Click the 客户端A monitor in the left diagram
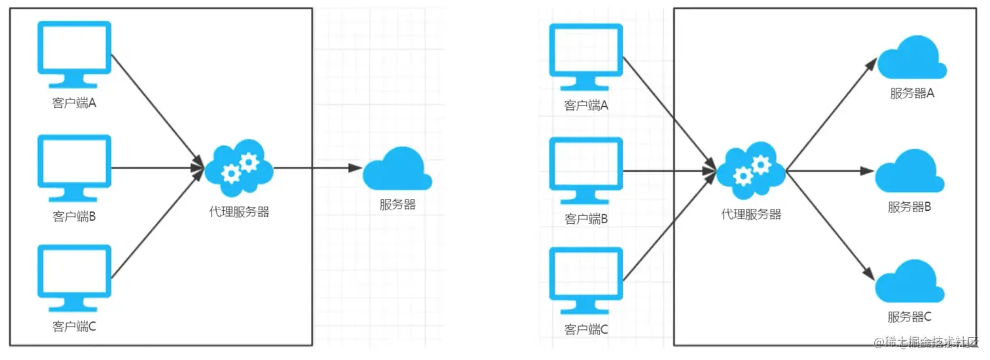click(x=74, y=53)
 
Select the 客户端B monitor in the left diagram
click(x=74, y=166)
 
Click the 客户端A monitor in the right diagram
click(x=585, y=56)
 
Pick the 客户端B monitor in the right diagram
click(x=585, y=169)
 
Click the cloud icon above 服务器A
click(x=911, y=58)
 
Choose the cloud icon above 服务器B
click(x=910, y=171)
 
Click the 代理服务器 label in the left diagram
click(x=239, y=212)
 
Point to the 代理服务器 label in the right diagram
click(x=751, y=214)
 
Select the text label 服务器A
click(x=911, y=94)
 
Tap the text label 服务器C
click(x=910, y=317)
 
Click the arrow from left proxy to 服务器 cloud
click(x=318, y=168)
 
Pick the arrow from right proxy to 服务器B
click(x=830, y=171)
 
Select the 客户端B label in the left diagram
click(x=75, y=217)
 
